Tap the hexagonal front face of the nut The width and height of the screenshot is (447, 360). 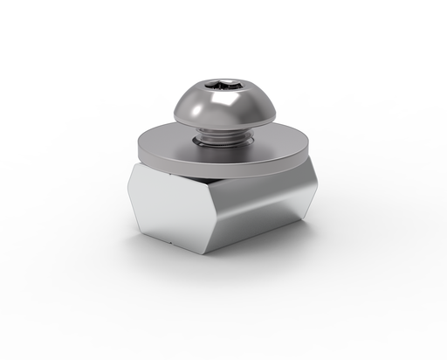coord(170,205)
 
